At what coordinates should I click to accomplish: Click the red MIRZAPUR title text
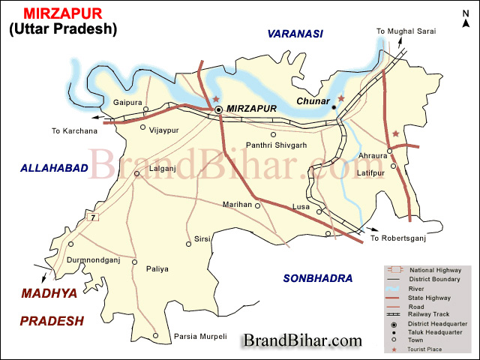tap(63, 13)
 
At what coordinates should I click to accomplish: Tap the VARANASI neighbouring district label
tap(295, 34)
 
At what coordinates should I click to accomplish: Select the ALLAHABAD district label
tap(54, 169)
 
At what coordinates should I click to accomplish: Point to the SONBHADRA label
tap(317, 278)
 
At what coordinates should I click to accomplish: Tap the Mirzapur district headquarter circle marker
tap(218, 109)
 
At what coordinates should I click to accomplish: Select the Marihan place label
tap(238, 204)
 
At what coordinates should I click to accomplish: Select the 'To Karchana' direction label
tap(74, 131)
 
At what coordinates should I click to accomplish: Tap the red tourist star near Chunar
tap(341, 98)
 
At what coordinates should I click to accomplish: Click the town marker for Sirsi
tap(189, 243)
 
